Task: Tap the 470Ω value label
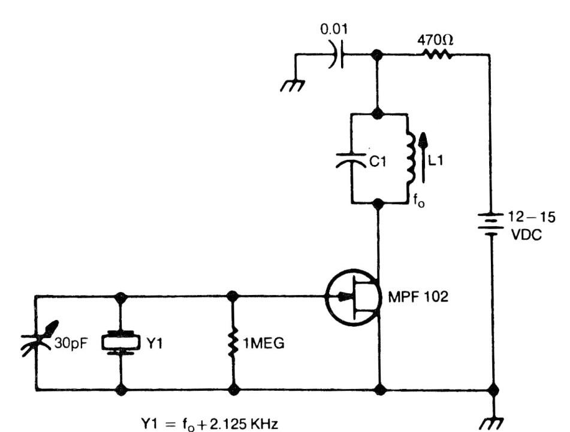pos(435,39)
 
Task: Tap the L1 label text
pos(442,161)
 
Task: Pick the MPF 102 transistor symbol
pos(354,297)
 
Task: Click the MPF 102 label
pos(417,296)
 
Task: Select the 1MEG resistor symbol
pos(233,343)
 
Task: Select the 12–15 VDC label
pos(527,225)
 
